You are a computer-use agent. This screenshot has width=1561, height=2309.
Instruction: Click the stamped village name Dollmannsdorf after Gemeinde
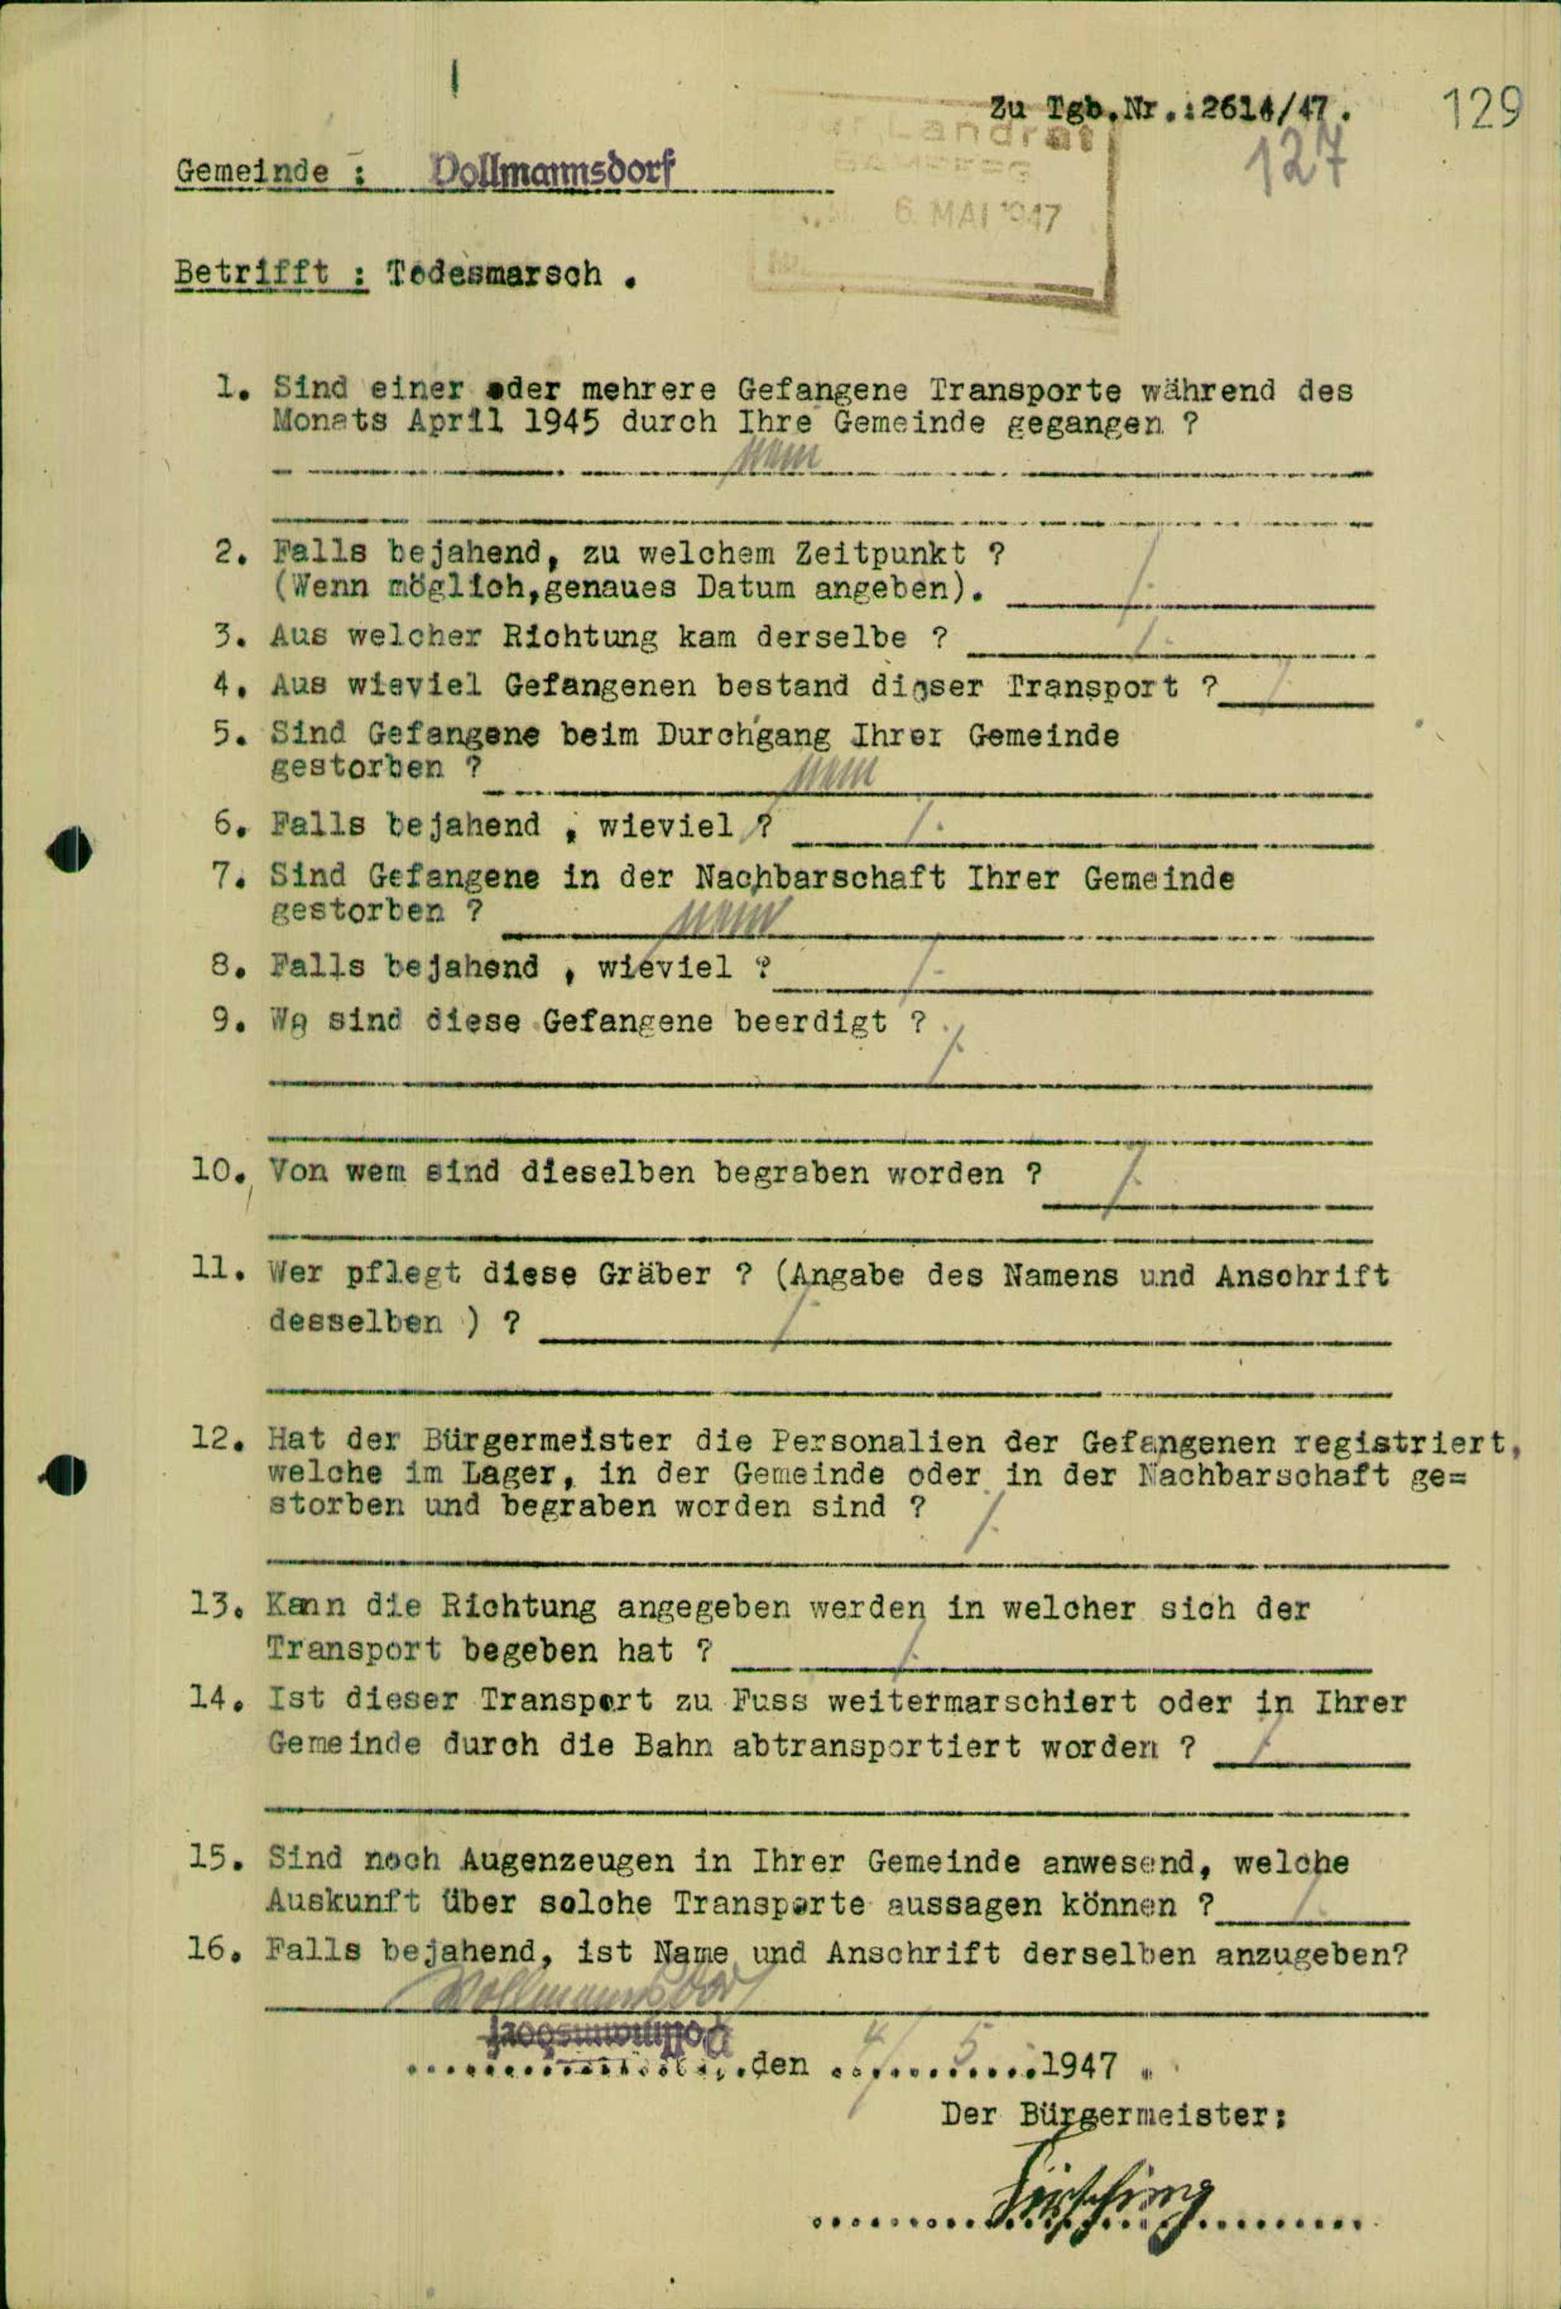tap(552, 171)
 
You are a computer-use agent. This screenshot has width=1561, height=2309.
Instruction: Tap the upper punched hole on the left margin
tap(69, 851)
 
